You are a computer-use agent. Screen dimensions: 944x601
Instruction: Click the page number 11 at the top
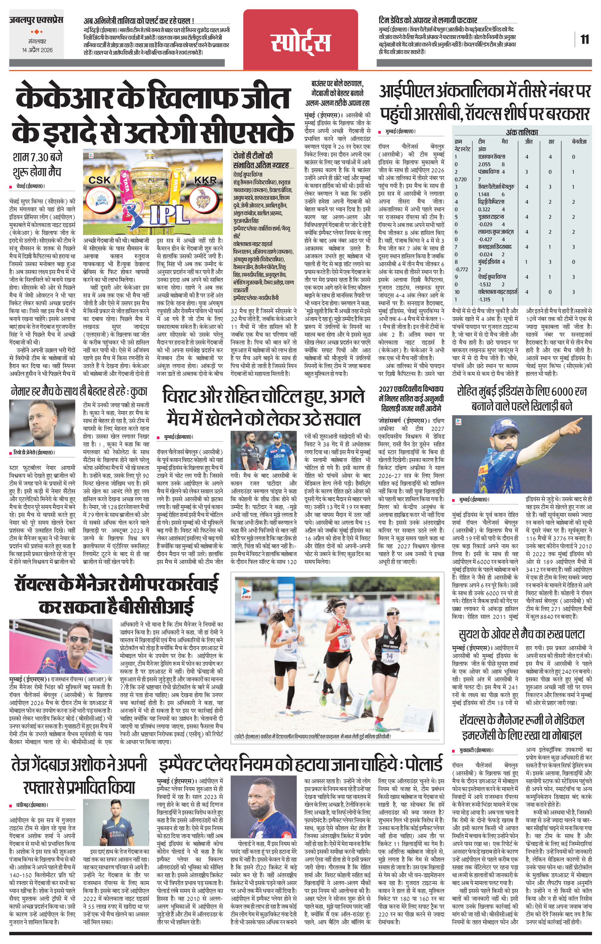click(585, 39)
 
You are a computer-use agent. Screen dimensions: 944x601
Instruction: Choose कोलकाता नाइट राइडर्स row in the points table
click(498, 292)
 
